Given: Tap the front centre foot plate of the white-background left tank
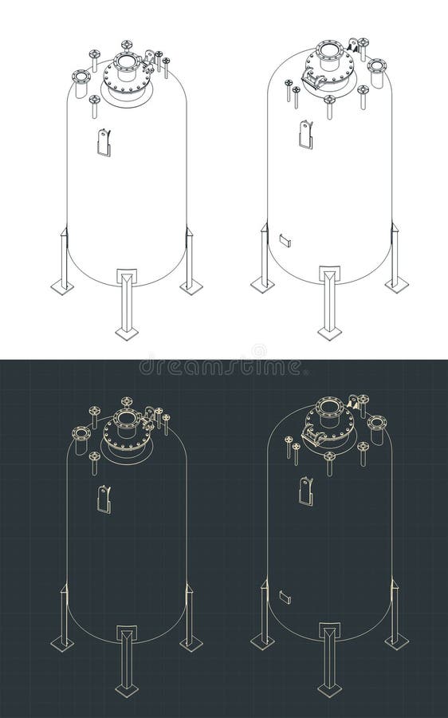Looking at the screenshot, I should tap(127, 332).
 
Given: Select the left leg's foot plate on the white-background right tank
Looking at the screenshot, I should tap(262, 283).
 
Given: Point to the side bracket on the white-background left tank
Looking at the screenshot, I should tap(104, 142).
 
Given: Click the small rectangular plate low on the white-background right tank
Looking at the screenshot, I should tap(285, 239).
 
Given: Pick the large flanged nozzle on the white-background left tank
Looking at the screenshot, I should tap(81, 77).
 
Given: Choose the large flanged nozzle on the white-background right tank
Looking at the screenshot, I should tap(376, 65).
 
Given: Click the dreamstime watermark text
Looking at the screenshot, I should tap(224, 367).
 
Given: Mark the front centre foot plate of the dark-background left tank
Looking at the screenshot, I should tap(127, 688).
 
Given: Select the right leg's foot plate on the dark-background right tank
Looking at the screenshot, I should tap(396, 640).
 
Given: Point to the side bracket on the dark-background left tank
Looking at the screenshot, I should tap(104, 499).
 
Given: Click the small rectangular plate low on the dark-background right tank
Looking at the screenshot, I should tap(285, 596).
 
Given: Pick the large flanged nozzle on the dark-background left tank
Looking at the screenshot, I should tap(81, 434).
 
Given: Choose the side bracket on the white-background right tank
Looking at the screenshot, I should tap(306, 133).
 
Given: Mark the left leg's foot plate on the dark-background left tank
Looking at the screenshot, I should tap(62, 643).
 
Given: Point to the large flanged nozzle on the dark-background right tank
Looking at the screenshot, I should tap(376, 421).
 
